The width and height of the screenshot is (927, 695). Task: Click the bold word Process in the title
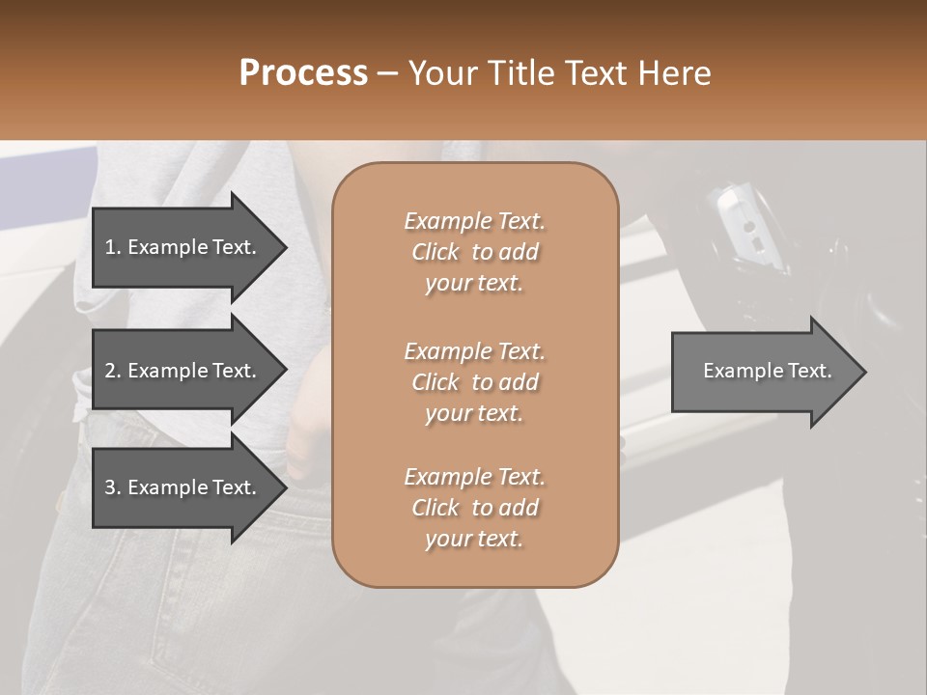pyautogui.click(x=303, y=73)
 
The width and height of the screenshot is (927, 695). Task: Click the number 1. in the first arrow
pyautogui.click(x=113, y=247)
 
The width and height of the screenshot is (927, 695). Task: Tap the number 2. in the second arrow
pyautogui.click(x=113, y=371)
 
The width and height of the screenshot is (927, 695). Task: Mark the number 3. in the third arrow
pyautogui.click(x=113, y=487)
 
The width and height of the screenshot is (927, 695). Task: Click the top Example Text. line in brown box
pyautogui.click(x=474, y=221)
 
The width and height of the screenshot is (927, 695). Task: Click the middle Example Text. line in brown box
pyautogui.click(x=474, y=351)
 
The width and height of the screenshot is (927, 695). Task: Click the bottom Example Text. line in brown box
pyautogui.click(x=474, y=477)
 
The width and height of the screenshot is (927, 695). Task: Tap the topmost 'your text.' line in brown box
pyautogui.click(x=474, y=284)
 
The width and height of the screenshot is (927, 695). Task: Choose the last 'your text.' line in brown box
pyautogui.click(x=474, y=540)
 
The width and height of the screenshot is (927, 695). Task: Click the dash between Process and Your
pyautogui.click(x=388, y=74)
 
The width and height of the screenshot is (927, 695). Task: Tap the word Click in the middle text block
pyautogui.click(x=435, y=382)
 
